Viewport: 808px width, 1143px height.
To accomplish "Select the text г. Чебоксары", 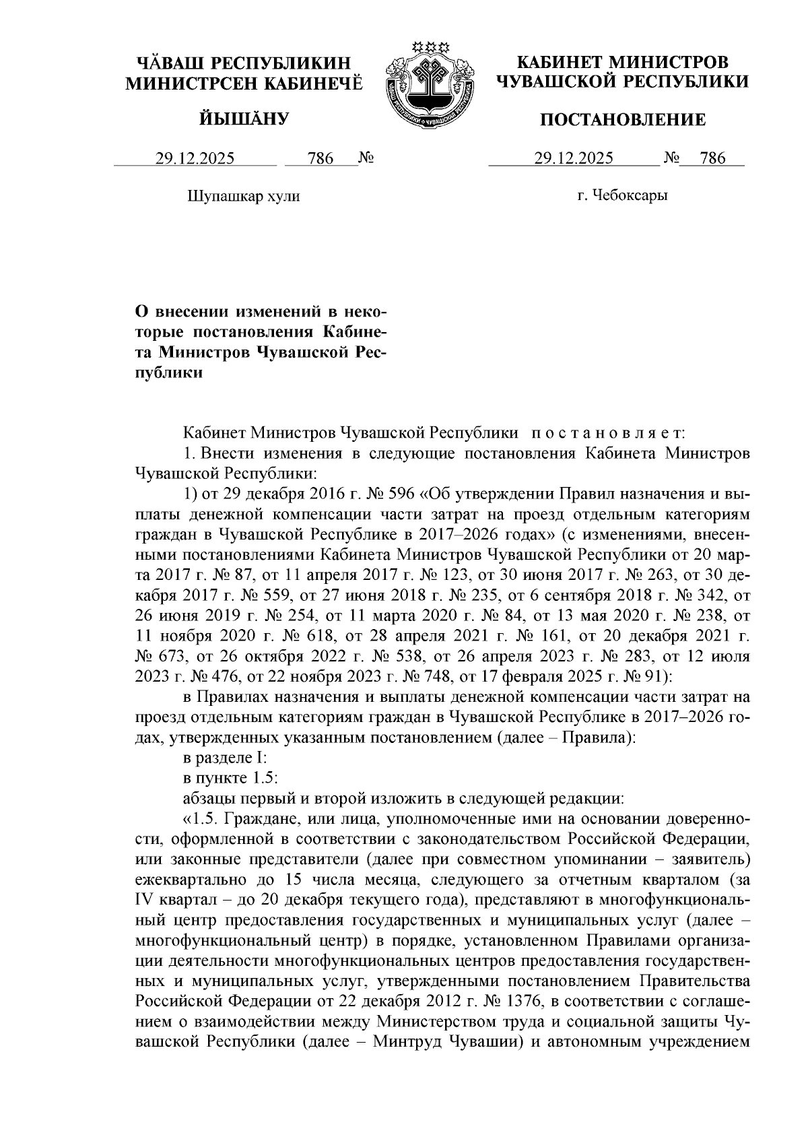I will pos(622,196).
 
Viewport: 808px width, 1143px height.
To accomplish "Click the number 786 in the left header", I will pos(320,159).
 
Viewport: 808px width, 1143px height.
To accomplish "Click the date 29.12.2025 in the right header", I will pos(574,159).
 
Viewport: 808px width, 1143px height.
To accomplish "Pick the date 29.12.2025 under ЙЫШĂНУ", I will pos(195,159).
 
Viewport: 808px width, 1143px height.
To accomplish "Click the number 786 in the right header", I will pos(713,159).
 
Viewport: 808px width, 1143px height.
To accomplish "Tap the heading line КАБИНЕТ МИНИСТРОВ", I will pos(622,63).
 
